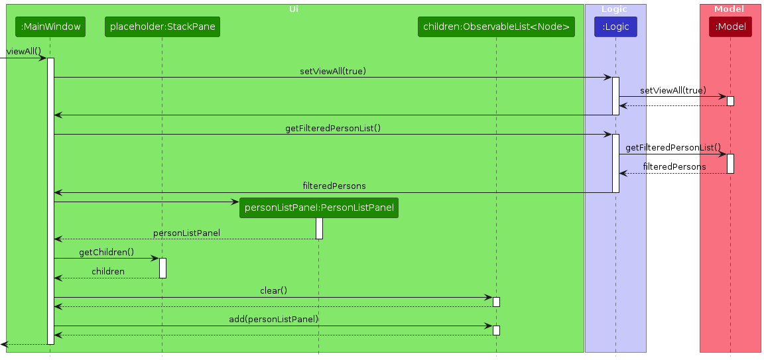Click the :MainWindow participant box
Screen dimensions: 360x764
click(50, 27)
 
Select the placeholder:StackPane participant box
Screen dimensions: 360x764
click(162, 27)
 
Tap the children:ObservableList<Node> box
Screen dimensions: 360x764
click(496, 27)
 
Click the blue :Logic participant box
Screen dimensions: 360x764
click(615, 27)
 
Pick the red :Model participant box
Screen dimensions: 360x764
click(730, 27)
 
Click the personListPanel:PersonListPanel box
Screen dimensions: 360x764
click(319, 208)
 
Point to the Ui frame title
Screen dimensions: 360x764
click(294, 9)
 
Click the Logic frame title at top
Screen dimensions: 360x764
click(614, 9)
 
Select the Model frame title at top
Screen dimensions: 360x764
click(729, 9)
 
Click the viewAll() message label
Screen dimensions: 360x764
click(24, 51)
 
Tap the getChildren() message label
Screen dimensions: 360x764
click(106, 252)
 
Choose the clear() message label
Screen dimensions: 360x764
click(273, 290)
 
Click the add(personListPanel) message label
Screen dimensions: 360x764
click(274, 319)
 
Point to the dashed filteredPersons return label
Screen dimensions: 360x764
click(674, 166)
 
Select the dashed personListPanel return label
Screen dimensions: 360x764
click(186, 233)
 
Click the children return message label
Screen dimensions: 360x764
click(107, 271)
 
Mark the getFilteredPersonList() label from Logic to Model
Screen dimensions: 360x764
click(672, 147)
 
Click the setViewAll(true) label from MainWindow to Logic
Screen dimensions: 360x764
click(332, 71)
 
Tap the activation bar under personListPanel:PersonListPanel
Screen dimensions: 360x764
click(319, 228)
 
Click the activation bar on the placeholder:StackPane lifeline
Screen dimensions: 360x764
click(162, 268)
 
